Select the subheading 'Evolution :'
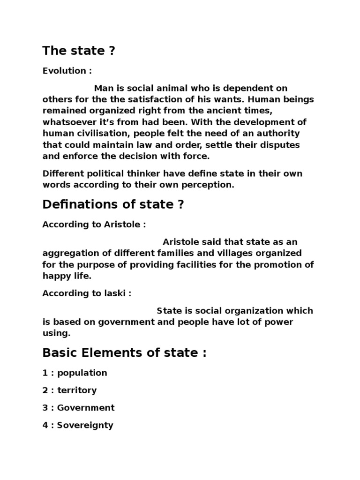click(x=67, y=71)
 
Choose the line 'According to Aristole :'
click(x=94, y=225)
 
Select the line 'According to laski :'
click(x=87, y=293)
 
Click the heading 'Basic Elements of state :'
click(x=124, y=353)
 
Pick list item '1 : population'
click(x=75, y=373)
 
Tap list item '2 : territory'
click(x=69, y=390)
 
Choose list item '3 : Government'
click(x=78, y=408)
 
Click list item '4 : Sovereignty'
click(x=78, y=426)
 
